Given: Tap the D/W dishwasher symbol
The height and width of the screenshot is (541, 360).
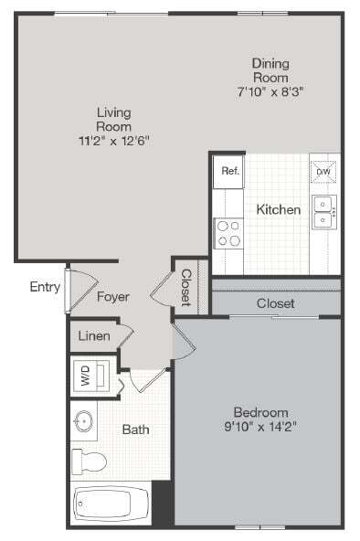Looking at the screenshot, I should coord(323,171).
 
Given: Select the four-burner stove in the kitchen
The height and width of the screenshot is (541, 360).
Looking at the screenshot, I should coord(228,233).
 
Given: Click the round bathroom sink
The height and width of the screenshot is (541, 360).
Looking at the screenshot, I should coord(83,422).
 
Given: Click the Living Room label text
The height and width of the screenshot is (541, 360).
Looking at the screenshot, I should coord(115,119).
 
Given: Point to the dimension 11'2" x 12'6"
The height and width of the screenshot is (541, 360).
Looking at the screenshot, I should coord(115,141).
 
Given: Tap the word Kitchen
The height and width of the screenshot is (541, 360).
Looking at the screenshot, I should coord(278,209).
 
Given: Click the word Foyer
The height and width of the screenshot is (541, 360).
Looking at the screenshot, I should coord(113,297).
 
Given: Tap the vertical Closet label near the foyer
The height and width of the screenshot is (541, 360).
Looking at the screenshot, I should coord(185,286).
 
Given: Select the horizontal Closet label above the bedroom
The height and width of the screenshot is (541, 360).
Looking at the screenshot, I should coord(275,302).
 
